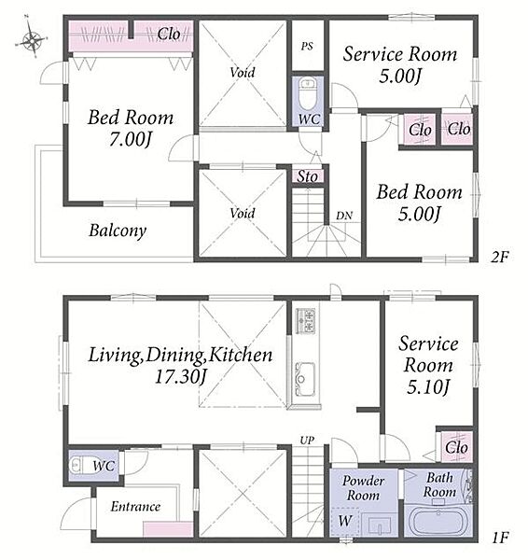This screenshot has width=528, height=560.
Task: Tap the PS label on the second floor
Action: (x=307, y=46)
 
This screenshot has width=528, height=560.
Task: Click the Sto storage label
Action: (x=307, y=176)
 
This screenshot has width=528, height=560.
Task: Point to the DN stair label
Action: (x=344, y=216)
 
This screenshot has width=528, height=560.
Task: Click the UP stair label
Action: (x=307, y=441)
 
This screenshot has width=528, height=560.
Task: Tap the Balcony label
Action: (x=118, y=231)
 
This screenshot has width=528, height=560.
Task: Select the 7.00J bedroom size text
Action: (x=131, y=139)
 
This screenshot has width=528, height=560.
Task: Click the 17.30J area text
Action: (x=180, y=376)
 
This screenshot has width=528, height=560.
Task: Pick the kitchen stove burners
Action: (x=306, y=321)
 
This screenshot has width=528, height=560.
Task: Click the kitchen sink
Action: (x=306, y=379)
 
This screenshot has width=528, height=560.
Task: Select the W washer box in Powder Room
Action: (x=345, y=522)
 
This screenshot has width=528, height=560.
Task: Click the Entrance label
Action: (x=135, y=507)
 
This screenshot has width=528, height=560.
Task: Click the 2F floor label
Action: (x=499, y=257)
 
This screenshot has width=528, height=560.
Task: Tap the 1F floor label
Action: (x=500, y=538)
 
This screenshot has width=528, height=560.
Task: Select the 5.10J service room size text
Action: (x=427, y=387)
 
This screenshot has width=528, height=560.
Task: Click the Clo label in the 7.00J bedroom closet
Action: (x=169, y=35)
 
